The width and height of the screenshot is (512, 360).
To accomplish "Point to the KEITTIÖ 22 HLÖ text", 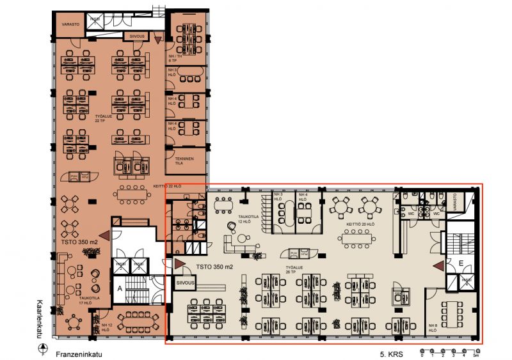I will tap(168, 185).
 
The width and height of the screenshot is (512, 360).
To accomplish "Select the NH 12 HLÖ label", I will tap(107, 327).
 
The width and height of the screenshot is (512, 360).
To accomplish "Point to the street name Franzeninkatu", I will tap(81, 352).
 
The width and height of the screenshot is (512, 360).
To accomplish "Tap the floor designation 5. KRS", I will tap(389, 352).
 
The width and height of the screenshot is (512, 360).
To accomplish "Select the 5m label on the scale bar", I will tap(476, 356).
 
